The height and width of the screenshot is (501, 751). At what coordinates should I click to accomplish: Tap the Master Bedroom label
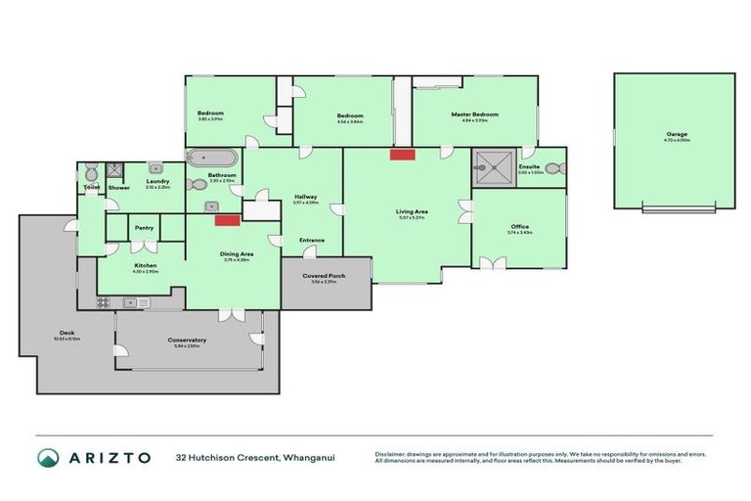coord(474,114)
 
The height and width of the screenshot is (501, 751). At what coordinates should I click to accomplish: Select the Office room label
coord(518,226)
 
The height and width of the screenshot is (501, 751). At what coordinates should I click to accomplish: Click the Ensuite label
coord(530,166)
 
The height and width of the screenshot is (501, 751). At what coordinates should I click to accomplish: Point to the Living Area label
coord(411,211)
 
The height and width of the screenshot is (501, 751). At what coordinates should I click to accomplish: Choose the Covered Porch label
coord(323,276)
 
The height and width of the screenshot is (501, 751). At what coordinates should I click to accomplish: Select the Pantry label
coord(145,228)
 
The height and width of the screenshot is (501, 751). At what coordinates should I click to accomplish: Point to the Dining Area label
coord(237,254)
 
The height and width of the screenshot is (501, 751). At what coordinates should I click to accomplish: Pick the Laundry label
coord(158,180)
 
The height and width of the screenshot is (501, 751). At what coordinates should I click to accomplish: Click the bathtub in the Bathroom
coord(210,158)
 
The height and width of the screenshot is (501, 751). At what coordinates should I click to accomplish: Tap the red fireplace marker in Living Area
coord(402,155)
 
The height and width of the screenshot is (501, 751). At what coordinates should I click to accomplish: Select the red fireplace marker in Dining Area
coord(228,220)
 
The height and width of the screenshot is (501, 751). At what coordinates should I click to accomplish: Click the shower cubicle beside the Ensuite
coord(493,166)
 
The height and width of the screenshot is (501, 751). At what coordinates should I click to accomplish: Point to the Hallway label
coord(305,197)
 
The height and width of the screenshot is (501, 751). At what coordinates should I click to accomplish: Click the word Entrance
coord(312,240)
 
